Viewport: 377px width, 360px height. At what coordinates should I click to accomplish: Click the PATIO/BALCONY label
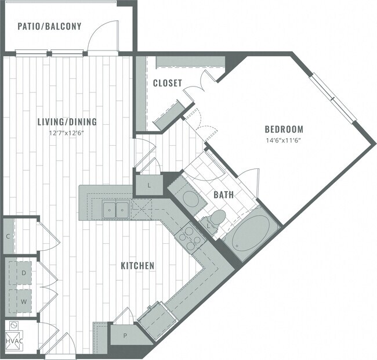point(49,26)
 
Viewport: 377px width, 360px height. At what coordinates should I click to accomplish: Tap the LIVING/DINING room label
point(67,122)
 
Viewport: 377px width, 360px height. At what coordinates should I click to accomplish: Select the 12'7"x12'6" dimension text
point(67,132)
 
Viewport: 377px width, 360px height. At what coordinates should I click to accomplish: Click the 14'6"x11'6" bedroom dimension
point(284,140)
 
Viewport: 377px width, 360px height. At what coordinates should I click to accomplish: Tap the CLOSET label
point(168,84)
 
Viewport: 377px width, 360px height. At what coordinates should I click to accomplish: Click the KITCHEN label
point(137,266)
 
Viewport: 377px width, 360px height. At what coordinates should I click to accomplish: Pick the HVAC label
point(14,340)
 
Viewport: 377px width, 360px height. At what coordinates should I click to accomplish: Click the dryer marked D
point(24,272)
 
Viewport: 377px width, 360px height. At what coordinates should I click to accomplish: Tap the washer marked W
point(24,302)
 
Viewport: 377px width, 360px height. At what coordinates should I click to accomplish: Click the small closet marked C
point(7,236)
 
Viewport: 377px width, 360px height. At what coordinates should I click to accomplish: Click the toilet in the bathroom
point(216,221)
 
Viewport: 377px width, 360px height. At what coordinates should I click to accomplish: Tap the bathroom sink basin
point(192,199)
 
